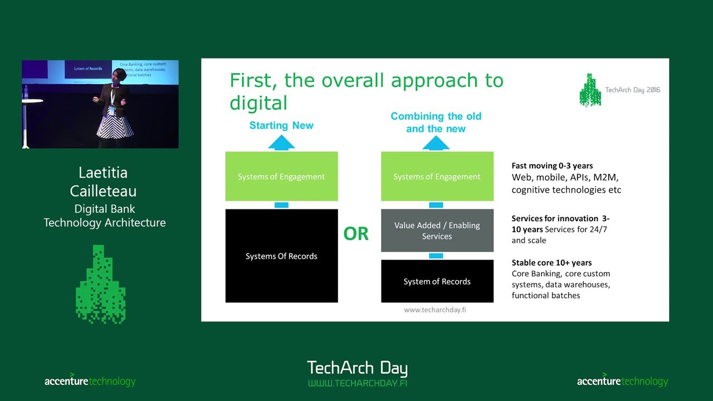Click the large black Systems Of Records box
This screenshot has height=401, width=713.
281,256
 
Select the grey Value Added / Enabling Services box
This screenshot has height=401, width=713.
437,231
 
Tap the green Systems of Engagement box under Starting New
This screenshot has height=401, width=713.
281,177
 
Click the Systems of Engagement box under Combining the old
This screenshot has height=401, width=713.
437,177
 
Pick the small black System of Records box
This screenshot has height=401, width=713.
437,281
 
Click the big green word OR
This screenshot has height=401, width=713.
356,234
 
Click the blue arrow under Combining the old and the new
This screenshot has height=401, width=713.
436,144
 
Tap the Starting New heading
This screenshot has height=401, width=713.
281,125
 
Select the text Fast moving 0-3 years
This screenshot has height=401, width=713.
552,165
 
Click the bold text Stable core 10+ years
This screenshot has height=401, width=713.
551,262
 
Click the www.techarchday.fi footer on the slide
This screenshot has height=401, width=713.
435,310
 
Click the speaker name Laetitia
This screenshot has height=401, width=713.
104,173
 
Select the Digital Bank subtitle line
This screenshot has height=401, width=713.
105,209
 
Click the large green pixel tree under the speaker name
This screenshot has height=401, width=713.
100,284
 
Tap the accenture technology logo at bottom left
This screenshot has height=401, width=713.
90,381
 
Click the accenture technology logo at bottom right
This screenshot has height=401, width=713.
622,381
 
